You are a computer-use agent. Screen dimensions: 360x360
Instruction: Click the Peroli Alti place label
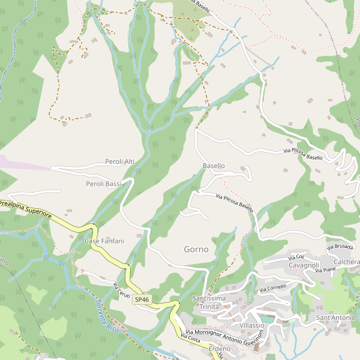click(119, 161)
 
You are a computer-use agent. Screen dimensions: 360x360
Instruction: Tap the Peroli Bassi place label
click(103, 184)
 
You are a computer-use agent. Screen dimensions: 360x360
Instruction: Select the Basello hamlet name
click(214, 166)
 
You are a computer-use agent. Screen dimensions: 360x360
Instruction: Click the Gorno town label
click(196, 248)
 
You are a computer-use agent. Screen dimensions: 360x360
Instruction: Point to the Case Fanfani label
click(104, 241)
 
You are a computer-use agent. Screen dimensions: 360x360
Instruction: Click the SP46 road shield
click(142, 299)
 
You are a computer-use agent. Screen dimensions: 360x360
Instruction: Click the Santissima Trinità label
click(209, 302)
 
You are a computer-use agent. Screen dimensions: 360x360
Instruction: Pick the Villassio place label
click(251, 325)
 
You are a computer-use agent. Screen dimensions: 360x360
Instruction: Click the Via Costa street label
click(190, 339)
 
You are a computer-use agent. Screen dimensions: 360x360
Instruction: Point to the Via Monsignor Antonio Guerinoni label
click(225, 337)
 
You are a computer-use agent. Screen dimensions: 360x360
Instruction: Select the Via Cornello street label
click(272, 289)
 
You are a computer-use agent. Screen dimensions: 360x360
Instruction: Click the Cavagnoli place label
click(304, 265)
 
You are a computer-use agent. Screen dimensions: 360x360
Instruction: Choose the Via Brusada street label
click(340, 247)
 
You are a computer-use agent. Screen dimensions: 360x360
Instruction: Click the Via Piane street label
click(325, 271)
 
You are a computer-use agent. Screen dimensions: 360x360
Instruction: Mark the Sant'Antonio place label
click(335, 317)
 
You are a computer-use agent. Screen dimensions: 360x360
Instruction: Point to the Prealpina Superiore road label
click(26, 209)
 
